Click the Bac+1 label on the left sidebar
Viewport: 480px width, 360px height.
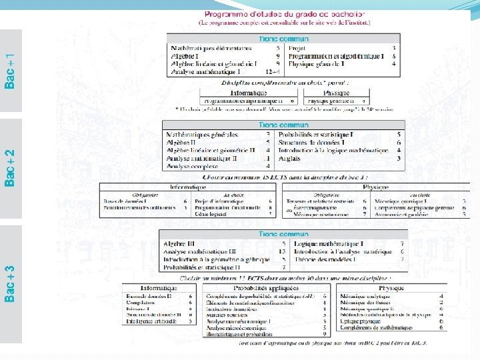[11, 72]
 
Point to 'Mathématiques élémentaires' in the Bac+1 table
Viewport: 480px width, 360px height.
[212, 49]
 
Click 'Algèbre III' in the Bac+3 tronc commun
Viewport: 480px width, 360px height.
[181, 244]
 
